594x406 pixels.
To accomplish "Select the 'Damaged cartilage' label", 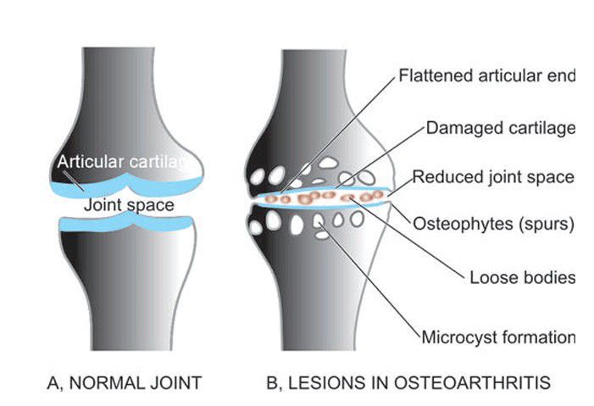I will [x=500, y=128].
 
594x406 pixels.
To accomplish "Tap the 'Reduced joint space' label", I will [x=493, y=177].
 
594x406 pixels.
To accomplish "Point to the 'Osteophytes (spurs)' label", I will [x=493, y=225].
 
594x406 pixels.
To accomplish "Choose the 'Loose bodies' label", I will [x=522, y=278].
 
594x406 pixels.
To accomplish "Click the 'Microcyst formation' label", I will [x=498, y=336].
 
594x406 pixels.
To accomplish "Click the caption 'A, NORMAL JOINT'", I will [x=126, y=382].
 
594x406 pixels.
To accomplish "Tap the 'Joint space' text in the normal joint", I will [x=128, y=204].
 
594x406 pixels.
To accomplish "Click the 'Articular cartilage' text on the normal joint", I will [x=127, y=162].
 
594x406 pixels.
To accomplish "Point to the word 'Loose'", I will [x=490, y=278].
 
